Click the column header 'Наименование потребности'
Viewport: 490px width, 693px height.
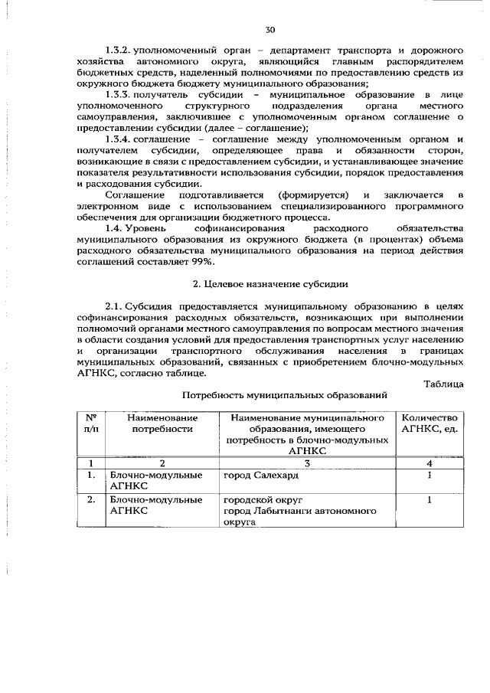162,423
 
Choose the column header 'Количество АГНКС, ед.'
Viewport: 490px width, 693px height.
430,423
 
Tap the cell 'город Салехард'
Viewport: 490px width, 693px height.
260,475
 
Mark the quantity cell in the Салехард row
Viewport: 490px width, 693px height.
430,475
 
